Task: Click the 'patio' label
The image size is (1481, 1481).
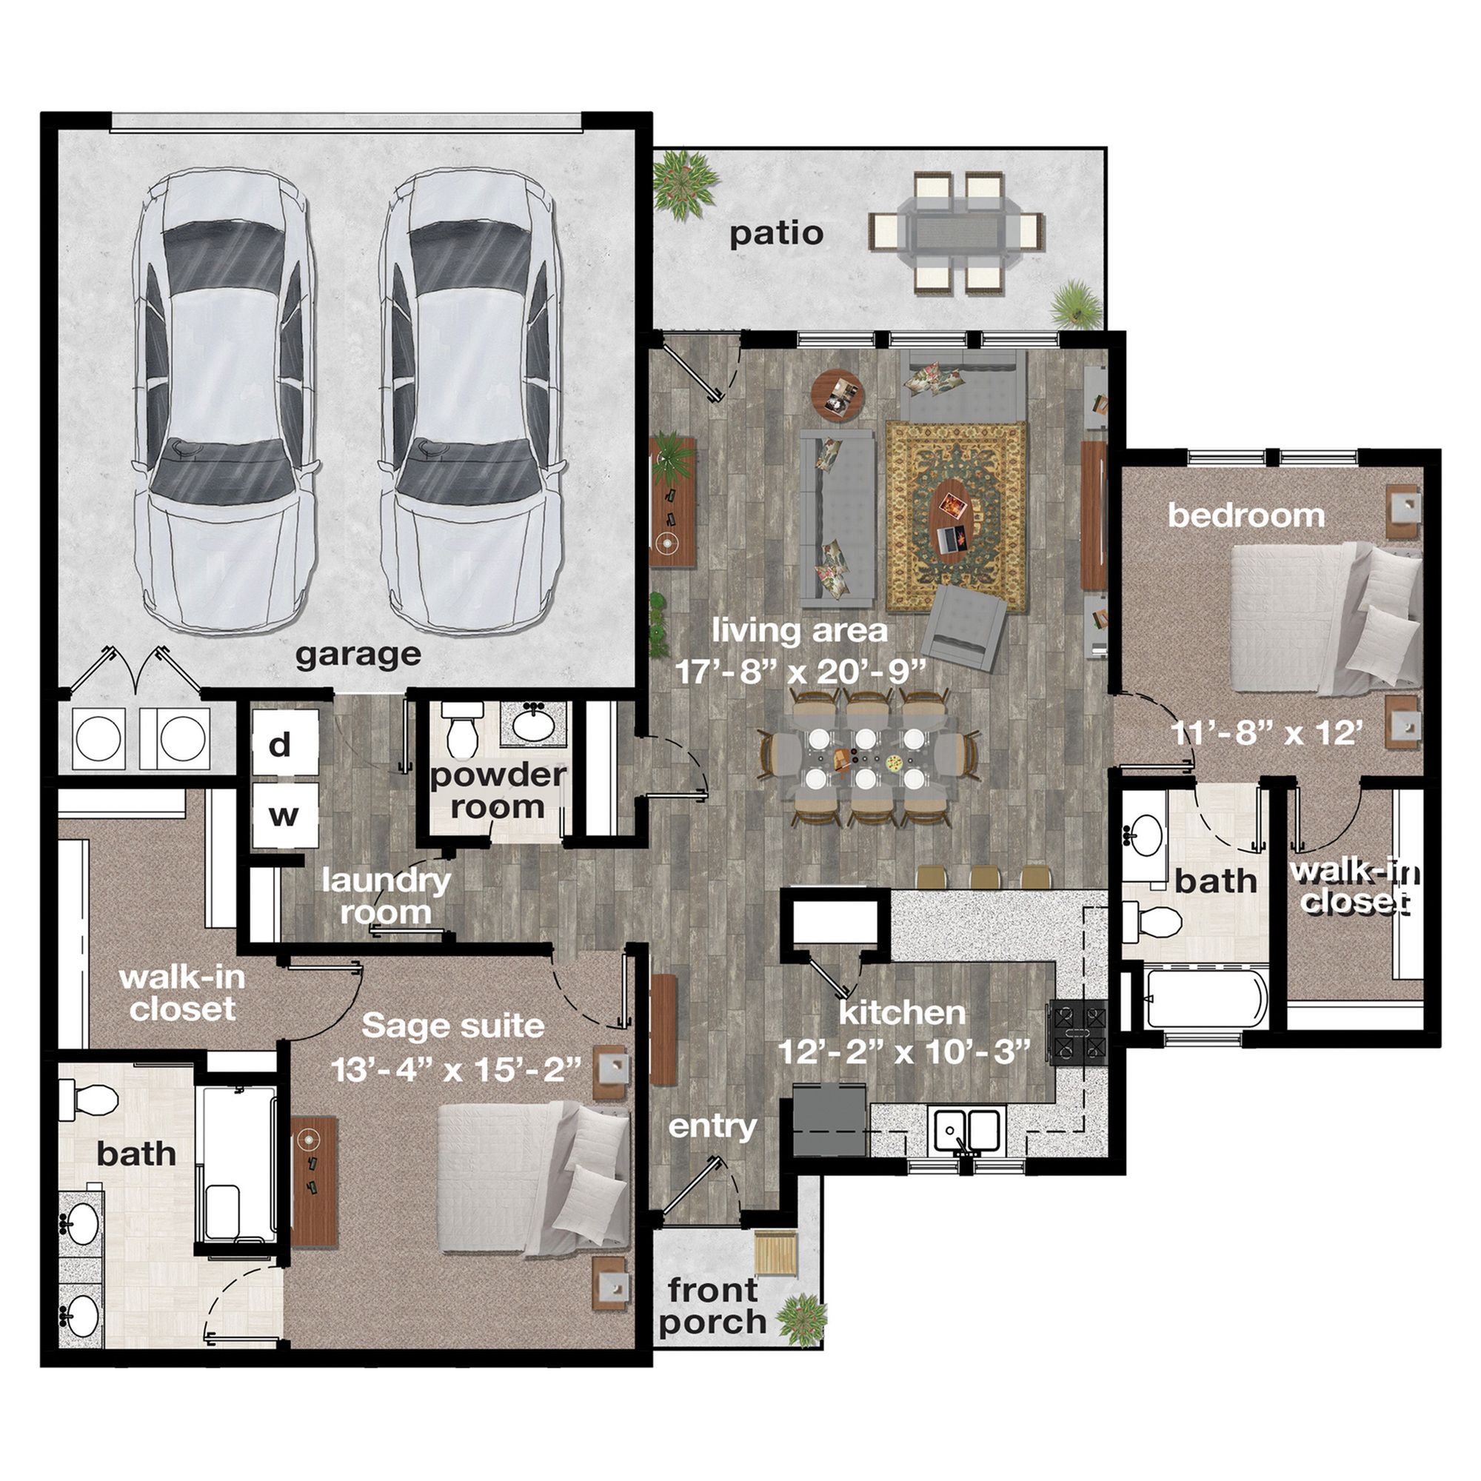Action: click(x=776, y=234)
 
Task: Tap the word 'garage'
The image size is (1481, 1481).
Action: click(x=358, y=655)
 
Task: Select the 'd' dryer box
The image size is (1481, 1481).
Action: click(x=285, y=743)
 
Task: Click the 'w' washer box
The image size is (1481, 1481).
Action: click(x=285, y=815)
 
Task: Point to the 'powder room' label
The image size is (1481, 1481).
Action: click(x=498, y=791)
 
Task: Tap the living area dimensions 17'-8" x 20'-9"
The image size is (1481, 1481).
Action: click(x=801, y=672)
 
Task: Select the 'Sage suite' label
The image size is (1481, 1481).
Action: click(x=453, y=1026)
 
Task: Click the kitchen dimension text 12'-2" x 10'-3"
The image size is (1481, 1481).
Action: click(x=903, y=1051)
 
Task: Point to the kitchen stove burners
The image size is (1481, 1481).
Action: click(x=1077, y=1033)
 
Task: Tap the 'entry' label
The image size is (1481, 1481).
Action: click(x=712, y=1128)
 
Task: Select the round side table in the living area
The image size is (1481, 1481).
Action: click(x=838, y=395)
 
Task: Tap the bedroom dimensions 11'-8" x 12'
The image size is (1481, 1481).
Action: click(x=1267, y=734)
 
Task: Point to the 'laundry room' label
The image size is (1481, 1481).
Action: click(x=386, y=897)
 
